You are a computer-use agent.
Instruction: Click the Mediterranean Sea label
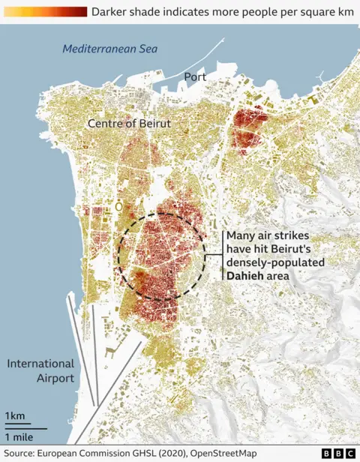click(109, 49)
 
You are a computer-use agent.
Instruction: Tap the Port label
click(196, 76)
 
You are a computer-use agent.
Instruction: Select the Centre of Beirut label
click(129, 122)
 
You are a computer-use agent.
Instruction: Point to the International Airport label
click(40, 370)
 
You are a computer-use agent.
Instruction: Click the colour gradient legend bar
click(44, 11)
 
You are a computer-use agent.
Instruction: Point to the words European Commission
click(87, 453)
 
